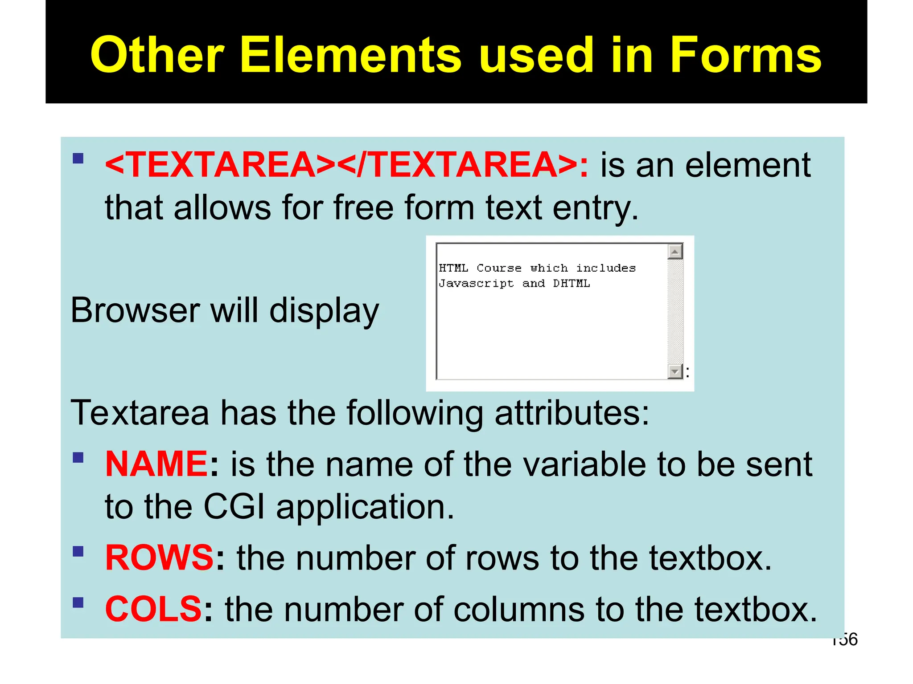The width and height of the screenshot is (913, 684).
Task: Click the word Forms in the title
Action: [x=745, y=55]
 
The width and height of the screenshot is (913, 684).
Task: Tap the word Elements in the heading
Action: [x=351, y=55]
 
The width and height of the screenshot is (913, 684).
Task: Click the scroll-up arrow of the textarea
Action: [x=675, y=252]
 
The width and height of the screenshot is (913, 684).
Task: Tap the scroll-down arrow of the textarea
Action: [x=675, y=371]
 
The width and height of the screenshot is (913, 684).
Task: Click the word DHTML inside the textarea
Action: [x=572, y=284]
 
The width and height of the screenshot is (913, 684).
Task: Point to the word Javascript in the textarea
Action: [x=476, y=284]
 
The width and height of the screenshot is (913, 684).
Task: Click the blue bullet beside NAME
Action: [x=78, y=457]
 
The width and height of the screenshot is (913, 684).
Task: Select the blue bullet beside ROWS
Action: [x=78, y=551]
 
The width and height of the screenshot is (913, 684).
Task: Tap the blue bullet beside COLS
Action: [x=78, y=603]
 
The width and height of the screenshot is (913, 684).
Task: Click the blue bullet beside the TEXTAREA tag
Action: [x=78, y=159]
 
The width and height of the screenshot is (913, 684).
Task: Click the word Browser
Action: [x=135, y=310]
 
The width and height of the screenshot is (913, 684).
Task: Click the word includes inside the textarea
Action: [x=606, y=268]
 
